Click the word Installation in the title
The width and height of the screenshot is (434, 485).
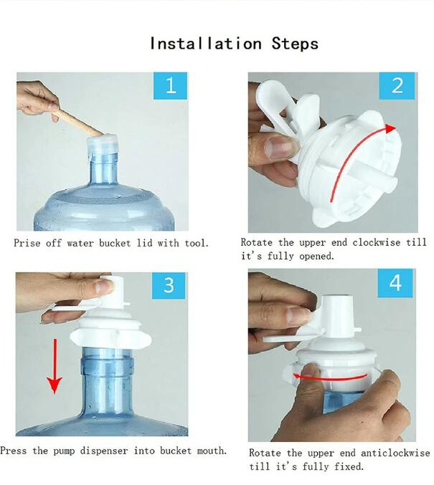click(x=206, y=43)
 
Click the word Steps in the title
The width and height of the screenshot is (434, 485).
click(x=295, y=43)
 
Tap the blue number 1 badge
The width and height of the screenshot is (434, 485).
click(x=171, y=86)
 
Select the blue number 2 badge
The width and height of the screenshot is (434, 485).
click(x=397, y=86)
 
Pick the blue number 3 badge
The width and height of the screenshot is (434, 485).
click(x=169, y=285)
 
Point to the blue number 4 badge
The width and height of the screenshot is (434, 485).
click(x=395, y=283)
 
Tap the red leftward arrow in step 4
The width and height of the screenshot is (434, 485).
click(x=329, y=378)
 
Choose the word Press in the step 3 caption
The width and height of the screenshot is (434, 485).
click(x=14, y=451)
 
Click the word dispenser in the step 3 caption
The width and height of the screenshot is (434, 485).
click(x=104, y=451)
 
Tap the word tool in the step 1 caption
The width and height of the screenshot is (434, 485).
click(x=197, y=243)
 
